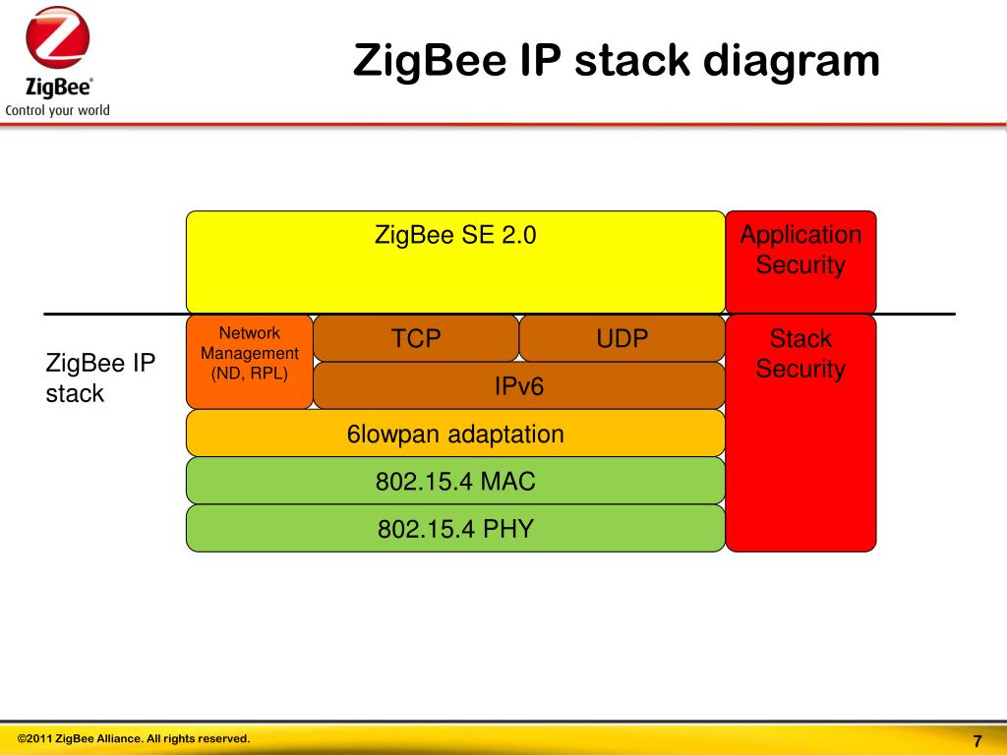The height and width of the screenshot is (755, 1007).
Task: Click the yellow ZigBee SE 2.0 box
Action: [x=455, y=262]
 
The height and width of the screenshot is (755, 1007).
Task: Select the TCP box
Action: [x=416, y=339]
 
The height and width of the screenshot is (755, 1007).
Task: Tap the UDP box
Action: [x=622, y=339]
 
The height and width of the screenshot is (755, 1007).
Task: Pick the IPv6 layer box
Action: [x=518, y=386]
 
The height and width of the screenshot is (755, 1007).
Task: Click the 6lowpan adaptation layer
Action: [x=455, y=434]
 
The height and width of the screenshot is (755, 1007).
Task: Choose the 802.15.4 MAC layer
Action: [x=455, y=482]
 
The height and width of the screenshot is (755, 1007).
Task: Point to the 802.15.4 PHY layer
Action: [x=455, y=529]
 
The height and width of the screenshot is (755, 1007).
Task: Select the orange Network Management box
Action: [x=250, y=362]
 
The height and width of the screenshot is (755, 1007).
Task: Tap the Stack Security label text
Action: [x=800, y=354]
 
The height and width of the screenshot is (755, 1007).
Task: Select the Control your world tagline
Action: [x=57, y=110]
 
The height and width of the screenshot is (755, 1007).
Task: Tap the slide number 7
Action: [x=977, y=741]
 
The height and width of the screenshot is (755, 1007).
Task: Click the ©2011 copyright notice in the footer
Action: [x=134, y=738]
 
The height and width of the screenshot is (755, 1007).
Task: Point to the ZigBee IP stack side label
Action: [x=99, y=378]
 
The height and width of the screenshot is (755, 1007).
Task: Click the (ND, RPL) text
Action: [x=250, y=373]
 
